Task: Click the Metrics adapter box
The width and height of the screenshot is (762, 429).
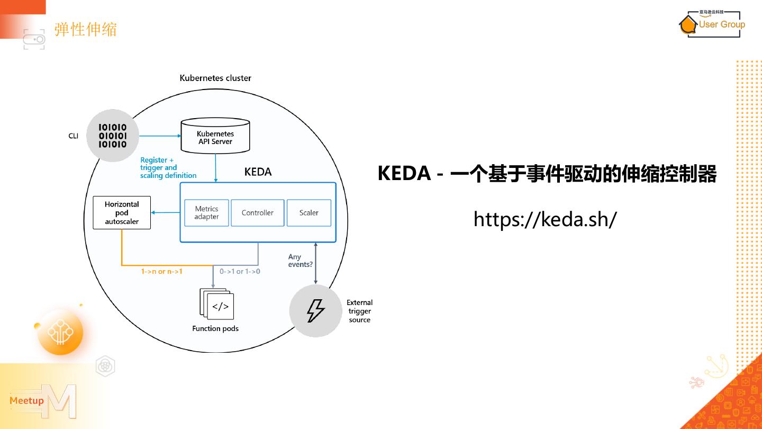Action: (206, 213)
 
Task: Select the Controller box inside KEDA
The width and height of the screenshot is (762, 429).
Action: (257, 213)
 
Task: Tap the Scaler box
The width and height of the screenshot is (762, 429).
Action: (309, 213)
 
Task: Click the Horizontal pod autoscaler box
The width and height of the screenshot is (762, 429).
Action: (122, 213)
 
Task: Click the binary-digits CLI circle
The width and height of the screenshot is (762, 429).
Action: (113, 136)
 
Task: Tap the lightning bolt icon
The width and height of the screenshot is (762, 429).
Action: (315, 311)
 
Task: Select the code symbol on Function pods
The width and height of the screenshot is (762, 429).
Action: (220, 307)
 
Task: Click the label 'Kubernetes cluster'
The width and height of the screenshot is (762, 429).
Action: (215, 78)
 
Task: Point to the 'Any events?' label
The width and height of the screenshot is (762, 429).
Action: (300, 261)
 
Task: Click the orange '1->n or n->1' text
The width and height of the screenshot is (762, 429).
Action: (161, 272)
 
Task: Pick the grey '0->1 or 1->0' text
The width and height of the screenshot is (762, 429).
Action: (240, 272)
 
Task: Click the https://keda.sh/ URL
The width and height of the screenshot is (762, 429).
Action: (545, 219)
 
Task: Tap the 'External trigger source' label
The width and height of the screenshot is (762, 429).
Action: (360, 311)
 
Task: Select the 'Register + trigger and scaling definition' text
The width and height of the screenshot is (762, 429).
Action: (168, 167)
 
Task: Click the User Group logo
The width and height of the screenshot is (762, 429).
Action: (712, 24)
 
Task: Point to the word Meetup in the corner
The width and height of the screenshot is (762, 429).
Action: (26, 400)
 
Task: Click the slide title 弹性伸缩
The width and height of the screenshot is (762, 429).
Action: (86, 29)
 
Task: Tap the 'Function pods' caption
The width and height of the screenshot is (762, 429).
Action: (215, 329)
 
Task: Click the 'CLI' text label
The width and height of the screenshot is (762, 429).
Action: (73, 136)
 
